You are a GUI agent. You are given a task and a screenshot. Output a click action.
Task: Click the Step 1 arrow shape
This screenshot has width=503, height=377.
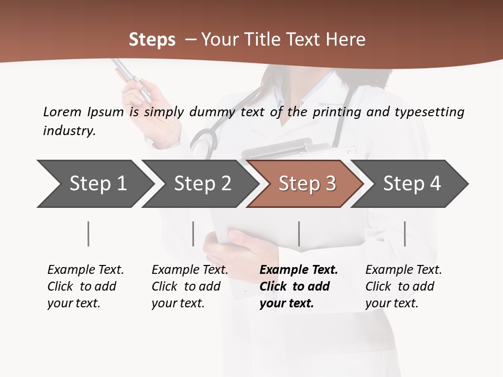pos(94,184)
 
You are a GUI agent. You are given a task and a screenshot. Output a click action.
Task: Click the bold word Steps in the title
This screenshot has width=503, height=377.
pos(152,40)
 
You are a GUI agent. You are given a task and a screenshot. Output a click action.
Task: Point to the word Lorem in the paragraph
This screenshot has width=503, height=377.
pos(62,112)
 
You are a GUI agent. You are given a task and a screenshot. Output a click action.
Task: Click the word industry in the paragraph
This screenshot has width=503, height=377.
pos(69,131)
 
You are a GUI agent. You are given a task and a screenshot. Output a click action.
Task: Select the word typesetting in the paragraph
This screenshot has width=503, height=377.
pos(429,112)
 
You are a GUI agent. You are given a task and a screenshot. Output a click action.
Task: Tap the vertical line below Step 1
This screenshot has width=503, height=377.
pos(89,234)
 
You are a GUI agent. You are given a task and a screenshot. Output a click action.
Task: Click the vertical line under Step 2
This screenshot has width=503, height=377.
pos(193,234)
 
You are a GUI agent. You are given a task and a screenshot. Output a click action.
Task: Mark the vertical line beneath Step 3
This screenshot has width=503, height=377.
pos(299,234)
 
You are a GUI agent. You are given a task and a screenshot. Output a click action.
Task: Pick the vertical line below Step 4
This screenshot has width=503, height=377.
pos(405,234)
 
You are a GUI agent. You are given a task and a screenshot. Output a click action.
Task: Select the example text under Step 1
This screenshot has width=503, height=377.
pos(85,286)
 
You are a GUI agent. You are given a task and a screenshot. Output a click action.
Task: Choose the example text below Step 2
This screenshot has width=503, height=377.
pos(190,286)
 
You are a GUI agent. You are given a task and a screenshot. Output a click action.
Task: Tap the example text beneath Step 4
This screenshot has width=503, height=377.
pos(403,286)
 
